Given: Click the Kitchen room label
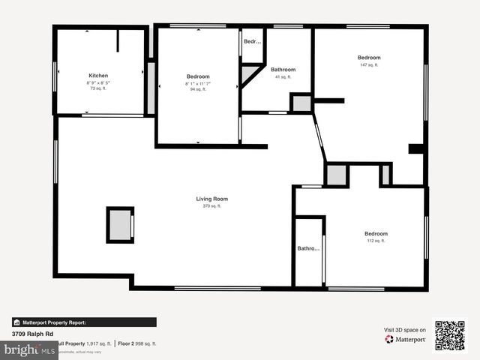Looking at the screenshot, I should (98, 76).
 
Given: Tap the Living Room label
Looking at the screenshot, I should (211, 199).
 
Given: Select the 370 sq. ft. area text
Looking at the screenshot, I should (211, 205).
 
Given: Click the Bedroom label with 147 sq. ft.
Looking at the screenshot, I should (368, 58).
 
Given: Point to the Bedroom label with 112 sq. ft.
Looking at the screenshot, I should (376, 234).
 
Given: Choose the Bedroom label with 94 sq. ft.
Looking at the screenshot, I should (197, 76).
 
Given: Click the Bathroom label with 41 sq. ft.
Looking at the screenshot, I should (283, 70).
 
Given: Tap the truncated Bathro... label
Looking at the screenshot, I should (308, 248).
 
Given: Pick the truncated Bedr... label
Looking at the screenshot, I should (252, 41).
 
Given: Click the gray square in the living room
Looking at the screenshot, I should (120, 224).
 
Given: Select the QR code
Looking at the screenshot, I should (450, 335).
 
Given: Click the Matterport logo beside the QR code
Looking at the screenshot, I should (406, 340).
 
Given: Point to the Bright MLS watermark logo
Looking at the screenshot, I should (28, 349).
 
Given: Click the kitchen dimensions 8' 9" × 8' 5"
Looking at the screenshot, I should (98, 82).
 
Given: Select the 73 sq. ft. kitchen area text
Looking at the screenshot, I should (98, 88).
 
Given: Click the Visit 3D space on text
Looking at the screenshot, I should (405, 330).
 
